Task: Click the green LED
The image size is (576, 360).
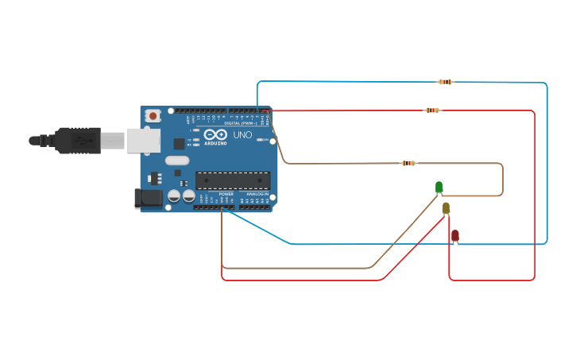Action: pyautogui.click(x=439, y=188)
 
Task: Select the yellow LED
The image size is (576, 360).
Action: pyautogui.click(x=446, y=208)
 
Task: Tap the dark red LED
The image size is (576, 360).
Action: pyautogui.click(x=454, y=235)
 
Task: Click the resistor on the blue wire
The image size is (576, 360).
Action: pyautogui.click(x=446, y=82)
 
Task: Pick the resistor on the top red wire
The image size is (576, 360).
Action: pyautogui.click(x=432, y=110)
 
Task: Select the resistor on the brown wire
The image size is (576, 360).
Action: pyautogui.click(x=408, y=163)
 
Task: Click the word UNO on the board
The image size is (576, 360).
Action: pyautogui.click(x=242, y=135)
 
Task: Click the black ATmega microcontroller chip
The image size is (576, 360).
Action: pyautogui.click(x=233, y=180)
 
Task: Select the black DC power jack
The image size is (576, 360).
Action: pyautogui.click(x=148, y=199)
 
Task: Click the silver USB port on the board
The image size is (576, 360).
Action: pyautogui.click(x=143, y=141)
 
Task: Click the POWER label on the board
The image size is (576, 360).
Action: pyautogui.click(x=226, y=193)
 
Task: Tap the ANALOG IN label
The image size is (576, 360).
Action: pyautogui.click(x=256, y=193)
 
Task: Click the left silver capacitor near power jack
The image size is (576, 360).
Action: pyautogui.click(x=174, y=195)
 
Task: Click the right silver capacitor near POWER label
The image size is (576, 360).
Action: pyautogui.click(x=188, y=195)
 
